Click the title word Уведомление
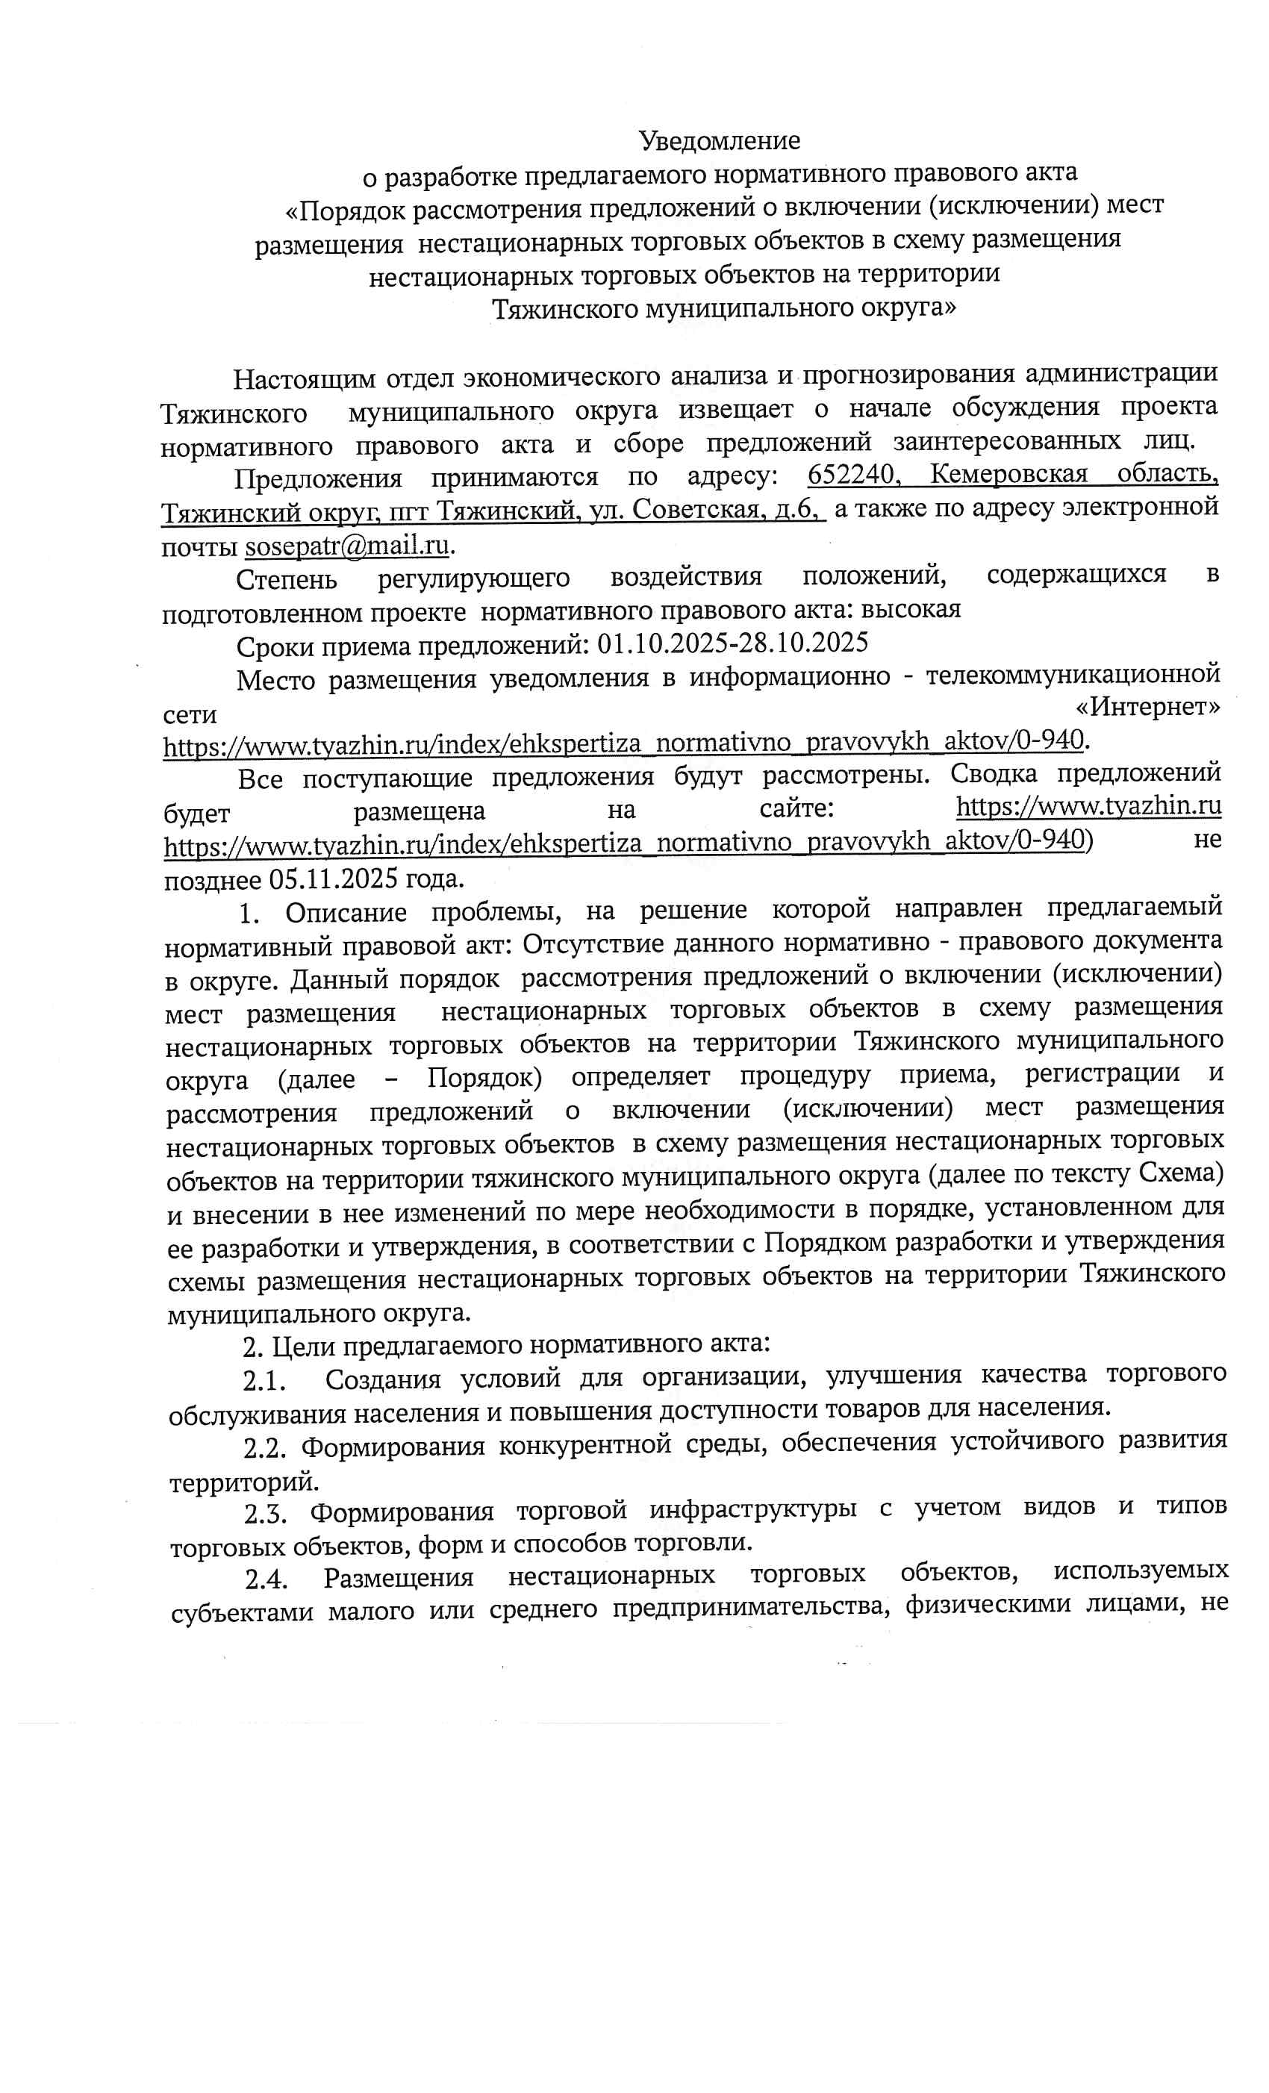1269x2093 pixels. pyautogui.click(x=719, y=140)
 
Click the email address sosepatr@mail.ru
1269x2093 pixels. pyautogui.click(x=346, y=546)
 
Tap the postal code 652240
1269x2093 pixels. pyautogui.click(x=852, y=474)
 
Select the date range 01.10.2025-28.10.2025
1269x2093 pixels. pyautogui.click(x=732, y=643)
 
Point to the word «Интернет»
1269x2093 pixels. pyautogui.click(x=1147, y=707)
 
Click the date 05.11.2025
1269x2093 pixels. pyautogui.click(x=333, y=878)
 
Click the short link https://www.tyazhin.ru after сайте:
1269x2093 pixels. pyautogui.click(x=1088, y=805)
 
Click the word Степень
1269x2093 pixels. pyautogui.click(x=286, y=579)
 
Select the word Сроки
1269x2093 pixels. pyautogui.click(x=271, y=647)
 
